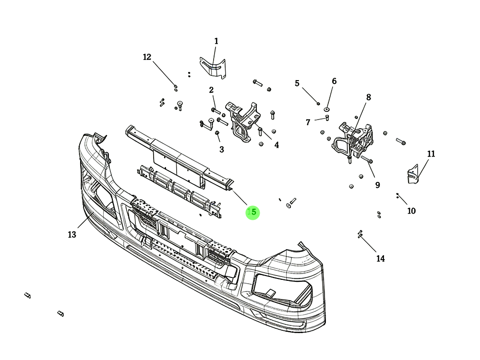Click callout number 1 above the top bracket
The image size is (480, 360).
pyautogui.click(x=216, y=41)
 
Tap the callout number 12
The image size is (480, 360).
pyautogui.click(x=147, y=57)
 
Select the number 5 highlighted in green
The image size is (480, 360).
pyautogui.click(x=253, y=212)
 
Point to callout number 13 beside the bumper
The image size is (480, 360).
pyautogui.click(x=72, y=235)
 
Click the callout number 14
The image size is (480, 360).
pyautogui.click(x=380, y=259)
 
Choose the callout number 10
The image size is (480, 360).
pyautogui.click(x=411, y=211)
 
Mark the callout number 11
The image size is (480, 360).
pyautogui.click(x=431, y=154)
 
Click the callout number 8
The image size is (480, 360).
pyautogui.click(x=369, y=97)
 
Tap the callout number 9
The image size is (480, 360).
pyautogui.click(x=377, y=185)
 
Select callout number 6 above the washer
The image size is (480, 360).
pyautogui.click(x=334, y=82)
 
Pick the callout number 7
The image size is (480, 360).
pyautogui.click(x=308, y=122)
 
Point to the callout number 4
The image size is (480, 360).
pyautogui.click(x=276, y=144)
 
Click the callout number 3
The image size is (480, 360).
pyautogui.click(x=221, y=150)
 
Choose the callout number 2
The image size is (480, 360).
pyautogui.click(x=211, y=90)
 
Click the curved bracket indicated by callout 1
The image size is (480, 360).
pyautogui.click(x=213, y=67)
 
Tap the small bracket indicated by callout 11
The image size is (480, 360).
pyautogui.click(x=412, y=175)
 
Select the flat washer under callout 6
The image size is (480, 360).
pyautogui.click(x=327, y=109)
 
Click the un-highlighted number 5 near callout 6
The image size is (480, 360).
pyautogui.click(x=297, y=84)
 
